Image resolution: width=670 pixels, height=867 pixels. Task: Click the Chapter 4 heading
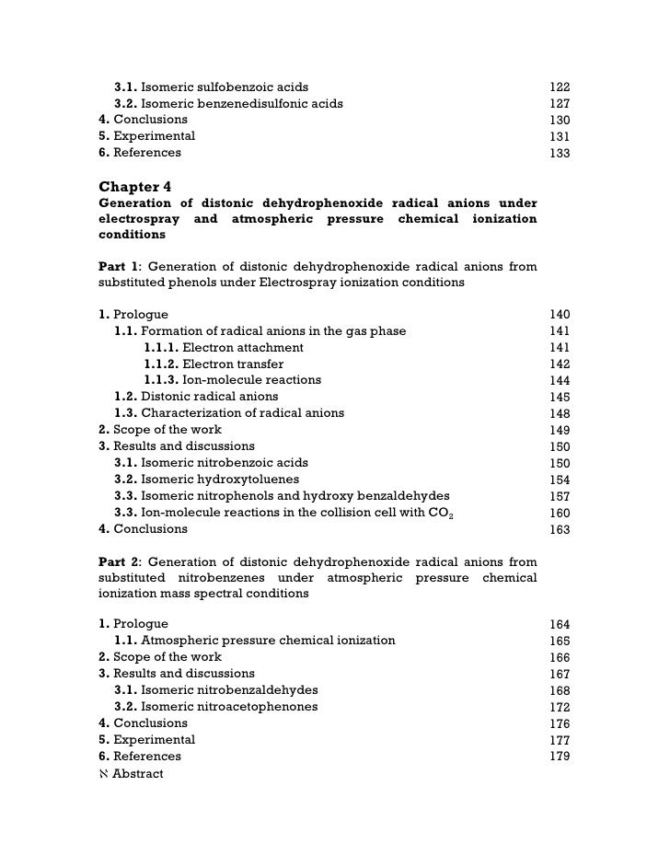(134, 184)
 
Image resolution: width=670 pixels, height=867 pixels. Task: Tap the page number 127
(560, 104)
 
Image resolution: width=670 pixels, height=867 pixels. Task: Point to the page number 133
(560, 154)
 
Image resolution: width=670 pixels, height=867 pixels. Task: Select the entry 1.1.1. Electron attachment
(223, 347)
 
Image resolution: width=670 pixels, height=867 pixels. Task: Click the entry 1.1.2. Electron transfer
(213, 364)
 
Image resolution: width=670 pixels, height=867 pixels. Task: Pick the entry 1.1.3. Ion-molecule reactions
(232, 380)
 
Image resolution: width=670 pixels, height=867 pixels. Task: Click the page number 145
(560, 398)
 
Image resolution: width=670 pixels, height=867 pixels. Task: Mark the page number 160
(560, 514)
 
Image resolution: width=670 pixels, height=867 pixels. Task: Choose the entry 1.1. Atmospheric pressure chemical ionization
(254, 641)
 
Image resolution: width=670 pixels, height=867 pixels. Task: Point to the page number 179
(560, 757)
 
